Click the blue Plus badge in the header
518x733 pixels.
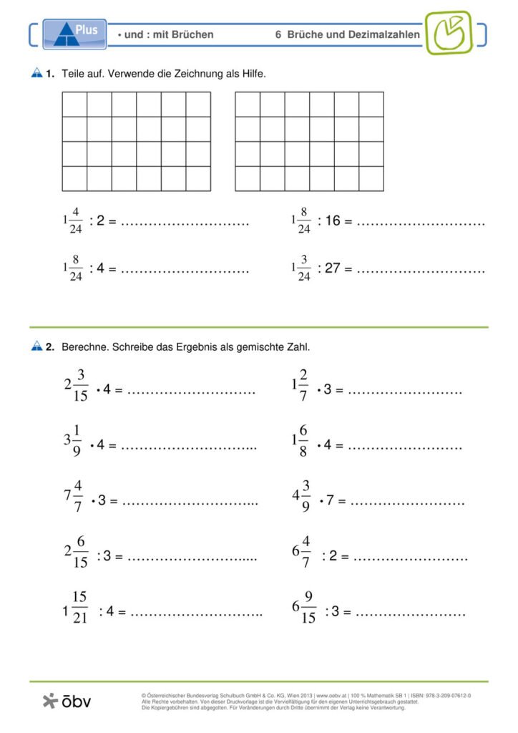(74, 34)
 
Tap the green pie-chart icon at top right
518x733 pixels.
(448, 33)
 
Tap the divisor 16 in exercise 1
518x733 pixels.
(333, 222)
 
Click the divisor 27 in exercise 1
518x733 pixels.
(333, 269)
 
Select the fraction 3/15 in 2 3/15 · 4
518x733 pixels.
(81, 385)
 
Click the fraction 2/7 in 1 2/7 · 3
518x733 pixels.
(304, 385)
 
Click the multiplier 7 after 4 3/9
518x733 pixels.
(331, 500)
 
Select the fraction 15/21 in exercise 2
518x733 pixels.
(80, 607)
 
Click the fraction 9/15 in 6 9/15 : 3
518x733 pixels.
(308, 607)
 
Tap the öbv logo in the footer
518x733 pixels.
(67, 702)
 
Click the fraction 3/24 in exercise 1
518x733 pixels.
(304, 268)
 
